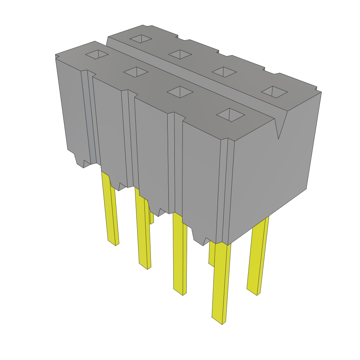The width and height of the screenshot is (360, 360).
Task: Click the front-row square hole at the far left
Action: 97,54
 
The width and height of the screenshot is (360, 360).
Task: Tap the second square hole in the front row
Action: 135,71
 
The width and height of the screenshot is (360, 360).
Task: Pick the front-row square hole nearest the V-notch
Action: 231,114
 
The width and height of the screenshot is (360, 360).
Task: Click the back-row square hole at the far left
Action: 141,39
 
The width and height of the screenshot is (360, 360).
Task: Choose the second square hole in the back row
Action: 180,54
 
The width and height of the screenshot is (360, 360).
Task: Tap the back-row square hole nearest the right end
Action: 274,92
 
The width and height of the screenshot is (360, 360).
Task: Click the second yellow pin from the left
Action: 143,232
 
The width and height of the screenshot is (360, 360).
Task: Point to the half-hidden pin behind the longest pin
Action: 211,253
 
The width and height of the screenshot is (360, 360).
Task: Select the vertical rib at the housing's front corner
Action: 225,190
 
